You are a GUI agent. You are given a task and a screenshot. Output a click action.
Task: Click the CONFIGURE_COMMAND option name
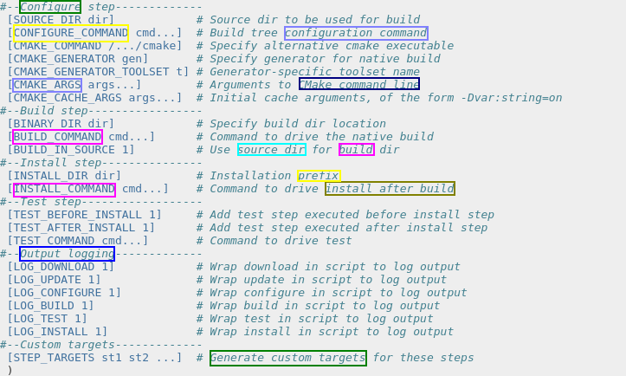(x=71, y=33)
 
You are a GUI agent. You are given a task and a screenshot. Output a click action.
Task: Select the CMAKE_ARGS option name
(x=48, y=85)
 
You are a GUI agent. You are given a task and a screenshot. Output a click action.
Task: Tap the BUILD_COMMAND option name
(x=57, y=137)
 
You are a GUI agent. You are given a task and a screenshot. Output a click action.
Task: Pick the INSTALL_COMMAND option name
(x=64, y=189)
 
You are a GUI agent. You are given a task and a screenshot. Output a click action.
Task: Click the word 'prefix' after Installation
(x=319, y=176)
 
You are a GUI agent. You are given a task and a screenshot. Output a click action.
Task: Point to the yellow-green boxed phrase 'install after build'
(x=390, y=189)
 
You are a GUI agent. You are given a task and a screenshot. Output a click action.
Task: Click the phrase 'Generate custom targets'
(x=287, y=358)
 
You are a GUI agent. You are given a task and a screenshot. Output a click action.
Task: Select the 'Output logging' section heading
(x=67, y=254)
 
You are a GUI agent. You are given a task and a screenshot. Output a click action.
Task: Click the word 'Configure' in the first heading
(x=50, y=7)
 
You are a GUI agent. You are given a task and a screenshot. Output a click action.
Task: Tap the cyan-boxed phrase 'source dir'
(x=271, y=150)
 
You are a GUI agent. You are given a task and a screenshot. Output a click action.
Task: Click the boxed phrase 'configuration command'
(x=356, y=33)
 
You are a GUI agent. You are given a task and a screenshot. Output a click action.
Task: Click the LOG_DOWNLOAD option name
(x=54, y=267)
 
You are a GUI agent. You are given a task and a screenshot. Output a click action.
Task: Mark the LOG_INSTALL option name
(x=50, y=332)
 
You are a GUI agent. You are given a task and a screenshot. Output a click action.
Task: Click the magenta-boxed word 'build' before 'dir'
(x=356, y=150)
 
